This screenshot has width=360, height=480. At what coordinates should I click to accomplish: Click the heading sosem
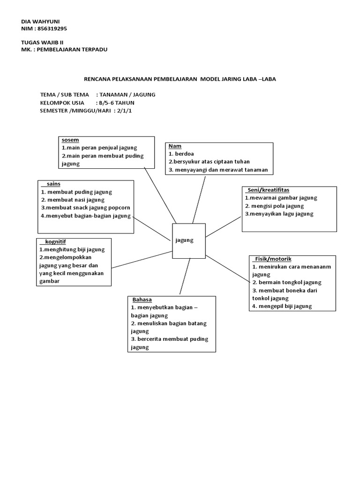point(70,140)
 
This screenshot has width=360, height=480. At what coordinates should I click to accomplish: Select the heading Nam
point(174,146)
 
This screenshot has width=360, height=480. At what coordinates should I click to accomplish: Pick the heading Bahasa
point(142,300)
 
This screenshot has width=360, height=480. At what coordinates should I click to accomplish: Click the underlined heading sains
point(53,184)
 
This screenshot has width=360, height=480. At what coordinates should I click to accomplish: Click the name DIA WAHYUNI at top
point(41,22)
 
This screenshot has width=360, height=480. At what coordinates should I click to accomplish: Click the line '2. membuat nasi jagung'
point(73,200)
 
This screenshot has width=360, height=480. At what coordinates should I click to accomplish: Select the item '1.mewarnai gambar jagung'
point(281,198)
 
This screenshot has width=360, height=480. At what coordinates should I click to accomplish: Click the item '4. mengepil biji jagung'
point(282,306)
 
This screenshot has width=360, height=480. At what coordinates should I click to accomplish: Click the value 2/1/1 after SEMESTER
point(126,111)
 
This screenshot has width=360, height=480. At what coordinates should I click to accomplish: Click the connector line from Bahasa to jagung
point(184,277)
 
